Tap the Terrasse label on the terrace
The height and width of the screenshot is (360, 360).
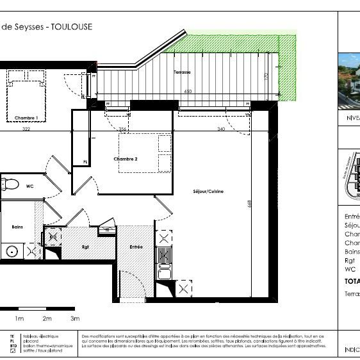click(182, 73)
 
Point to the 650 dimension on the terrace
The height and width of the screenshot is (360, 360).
click(188, 92)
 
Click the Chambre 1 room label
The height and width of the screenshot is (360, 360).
click(26, 118)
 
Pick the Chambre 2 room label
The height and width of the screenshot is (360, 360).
click(126, 159)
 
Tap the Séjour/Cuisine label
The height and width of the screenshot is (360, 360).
click(208, 191)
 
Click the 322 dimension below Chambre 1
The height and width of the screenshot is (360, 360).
click(26, 129)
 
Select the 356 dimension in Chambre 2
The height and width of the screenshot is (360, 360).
click(123, 129)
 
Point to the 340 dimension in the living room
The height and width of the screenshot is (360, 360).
click(221, 129)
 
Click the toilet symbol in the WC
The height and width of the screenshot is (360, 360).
click(8, 185)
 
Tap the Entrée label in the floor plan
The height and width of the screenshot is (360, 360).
click(136, 247)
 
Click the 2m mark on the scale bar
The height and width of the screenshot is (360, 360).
click(47, 318)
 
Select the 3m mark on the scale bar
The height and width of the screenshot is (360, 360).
click(75, 318)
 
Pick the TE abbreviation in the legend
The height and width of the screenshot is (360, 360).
click(12, 336)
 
